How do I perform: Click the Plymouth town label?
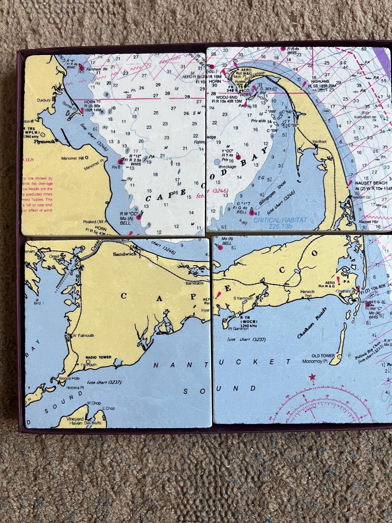coord(44,142)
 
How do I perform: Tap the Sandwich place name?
coord(124,254)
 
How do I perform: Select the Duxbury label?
coord(44,100)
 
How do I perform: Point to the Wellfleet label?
coord(319,142)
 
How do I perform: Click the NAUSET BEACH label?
coord(371,183)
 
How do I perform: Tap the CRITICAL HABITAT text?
coord(280,220)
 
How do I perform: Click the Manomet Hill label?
coord(73,158)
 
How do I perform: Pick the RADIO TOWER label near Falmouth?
coord(98,357)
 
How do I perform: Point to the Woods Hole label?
coord(69,378)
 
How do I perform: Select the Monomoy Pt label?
coord(315,361)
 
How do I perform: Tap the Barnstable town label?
coord(195,283)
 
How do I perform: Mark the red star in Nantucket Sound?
coord(312,377)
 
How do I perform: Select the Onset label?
coord(54,256)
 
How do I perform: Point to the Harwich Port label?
coord(308,294)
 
